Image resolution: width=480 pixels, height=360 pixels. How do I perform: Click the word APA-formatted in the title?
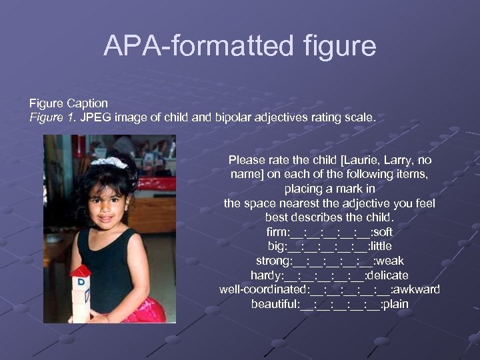tap(196, 46)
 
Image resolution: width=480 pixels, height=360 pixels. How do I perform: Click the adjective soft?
tap(383, 233)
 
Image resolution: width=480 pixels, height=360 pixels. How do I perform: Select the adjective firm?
tap(277, 233)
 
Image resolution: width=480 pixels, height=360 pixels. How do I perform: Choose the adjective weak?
tap(389, 261)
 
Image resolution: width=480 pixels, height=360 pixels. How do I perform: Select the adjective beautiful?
tap(273, 305)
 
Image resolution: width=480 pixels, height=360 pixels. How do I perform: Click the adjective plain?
tap(395, 305)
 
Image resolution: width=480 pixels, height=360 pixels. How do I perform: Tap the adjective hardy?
tap(265, 275)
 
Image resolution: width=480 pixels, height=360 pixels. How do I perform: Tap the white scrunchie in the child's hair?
tap(109, 162)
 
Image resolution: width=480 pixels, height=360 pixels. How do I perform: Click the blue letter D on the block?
tap(81, 283)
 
